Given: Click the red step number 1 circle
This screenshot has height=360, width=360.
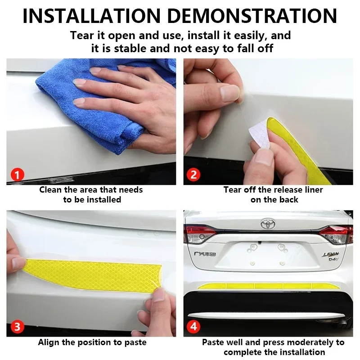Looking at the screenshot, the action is [x=17, y=175].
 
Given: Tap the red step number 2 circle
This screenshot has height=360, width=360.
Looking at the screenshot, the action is [x=193, y=175].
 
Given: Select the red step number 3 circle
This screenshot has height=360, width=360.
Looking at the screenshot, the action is [x=17, y=327].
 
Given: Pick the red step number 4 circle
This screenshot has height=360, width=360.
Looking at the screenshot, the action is [x=193, y=327].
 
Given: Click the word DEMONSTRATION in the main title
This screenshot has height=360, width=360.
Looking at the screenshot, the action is [x=252, y=16].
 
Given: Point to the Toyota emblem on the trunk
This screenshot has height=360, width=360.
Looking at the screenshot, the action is [x=268, y=223].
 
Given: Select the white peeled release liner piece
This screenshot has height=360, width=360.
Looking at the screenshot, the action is [x=260, y=134].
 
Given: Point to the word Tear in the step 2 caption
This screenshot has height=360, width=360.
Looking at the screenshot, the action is [x=232, y=190].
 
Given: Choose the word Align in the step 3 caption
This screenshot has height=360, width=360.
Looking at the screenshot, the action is [x=49, y=342].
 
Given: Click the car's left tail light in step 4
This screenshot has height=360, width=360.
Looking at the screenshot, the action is [x=200, y=234].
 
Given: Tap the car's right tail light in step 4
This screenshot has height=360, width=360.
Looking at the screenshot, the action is [x=336, y=234].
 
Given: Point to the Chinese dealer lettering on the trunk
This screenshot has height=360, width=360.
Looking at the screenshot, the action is [x=205, y=254].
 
